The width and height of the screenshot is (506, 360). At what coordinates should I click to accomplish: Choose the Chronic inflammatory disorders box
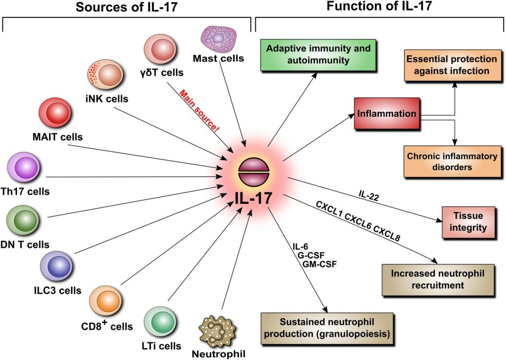pos(452,162)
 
